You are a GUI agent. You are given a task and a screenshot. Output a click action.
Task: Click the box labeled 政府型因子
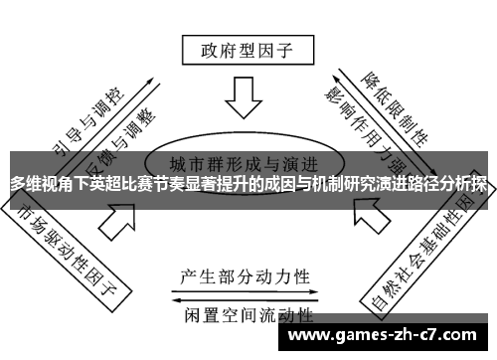tap(244, 47)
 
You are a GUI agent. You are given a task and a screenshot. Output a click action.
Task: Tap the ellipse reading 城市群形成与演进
tap(244, 164)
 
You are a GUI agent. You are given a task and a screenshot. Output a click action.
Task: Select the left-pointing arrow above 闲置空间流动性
tap(244, 297)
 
